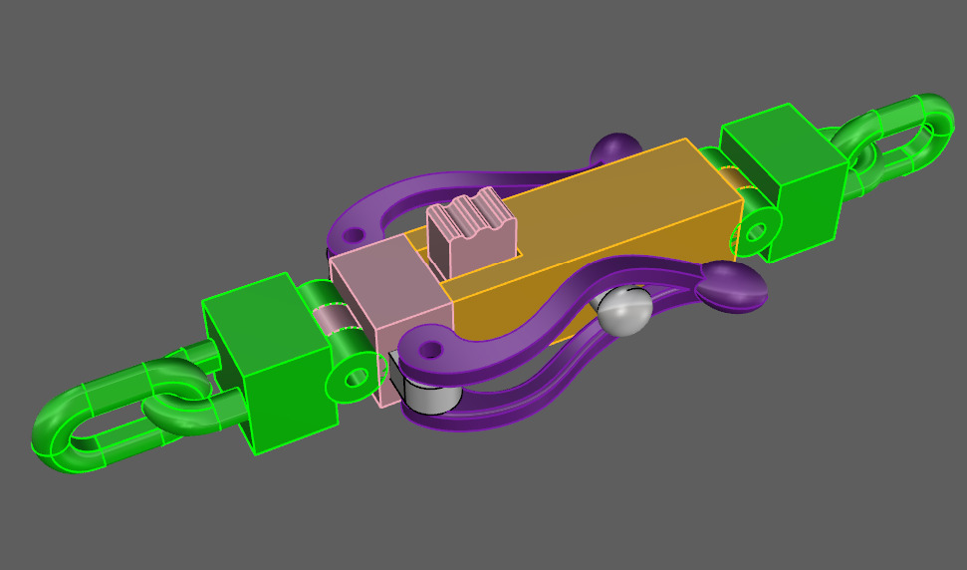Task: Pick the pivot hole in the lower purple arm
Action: (x=430, y=351)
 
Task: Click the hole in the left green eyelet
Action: (x=355, y=377)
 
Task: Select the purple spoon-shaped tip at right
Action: (x=733, y=288)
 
